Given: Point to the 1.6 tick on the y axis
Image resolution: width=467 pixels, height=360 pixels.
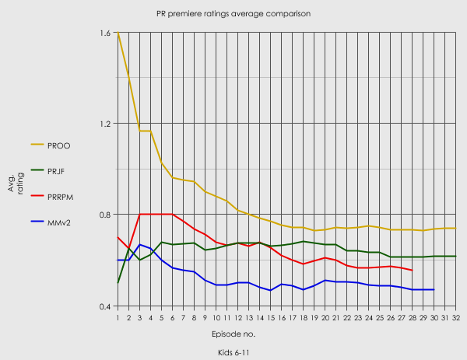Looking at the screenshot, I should [106, 33].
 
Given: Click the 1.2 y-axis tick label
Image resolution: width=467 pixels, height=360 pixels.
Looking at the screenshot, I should [106, 124].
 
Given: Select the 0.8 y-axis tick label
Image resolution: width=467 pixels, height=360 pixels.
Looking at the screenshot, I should [106, 215].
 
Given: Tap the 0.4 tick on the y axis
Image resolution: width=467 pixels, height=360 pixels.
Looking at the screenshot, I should [106, 306].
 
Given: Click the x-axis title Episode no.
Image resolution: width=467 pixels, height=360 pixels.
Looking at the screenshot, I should [233, 334].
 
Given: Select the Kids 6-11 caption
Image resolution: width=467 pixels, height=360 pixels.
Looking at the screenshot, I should [233, 352].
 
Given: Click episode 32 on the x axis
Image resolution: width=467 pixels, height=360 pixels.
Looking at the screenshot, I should [455, 316].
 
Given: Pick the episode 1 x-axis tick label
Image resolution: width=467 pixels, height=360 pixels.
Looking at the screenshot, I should [118, 316].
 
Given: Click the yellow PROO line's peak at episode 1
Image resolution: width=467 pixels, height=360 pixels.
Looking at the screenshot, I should [118, 33].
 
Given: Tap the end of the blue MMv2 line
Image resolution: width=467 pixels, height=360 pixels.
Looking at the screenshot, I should [434, 289].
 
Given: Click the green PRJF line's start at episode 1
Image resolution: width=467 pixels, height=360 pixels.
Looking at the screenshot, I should [118, 282].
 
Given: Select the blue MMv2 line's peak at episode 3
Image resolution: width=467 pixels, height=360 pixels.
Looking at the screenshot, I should [139, 245].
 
